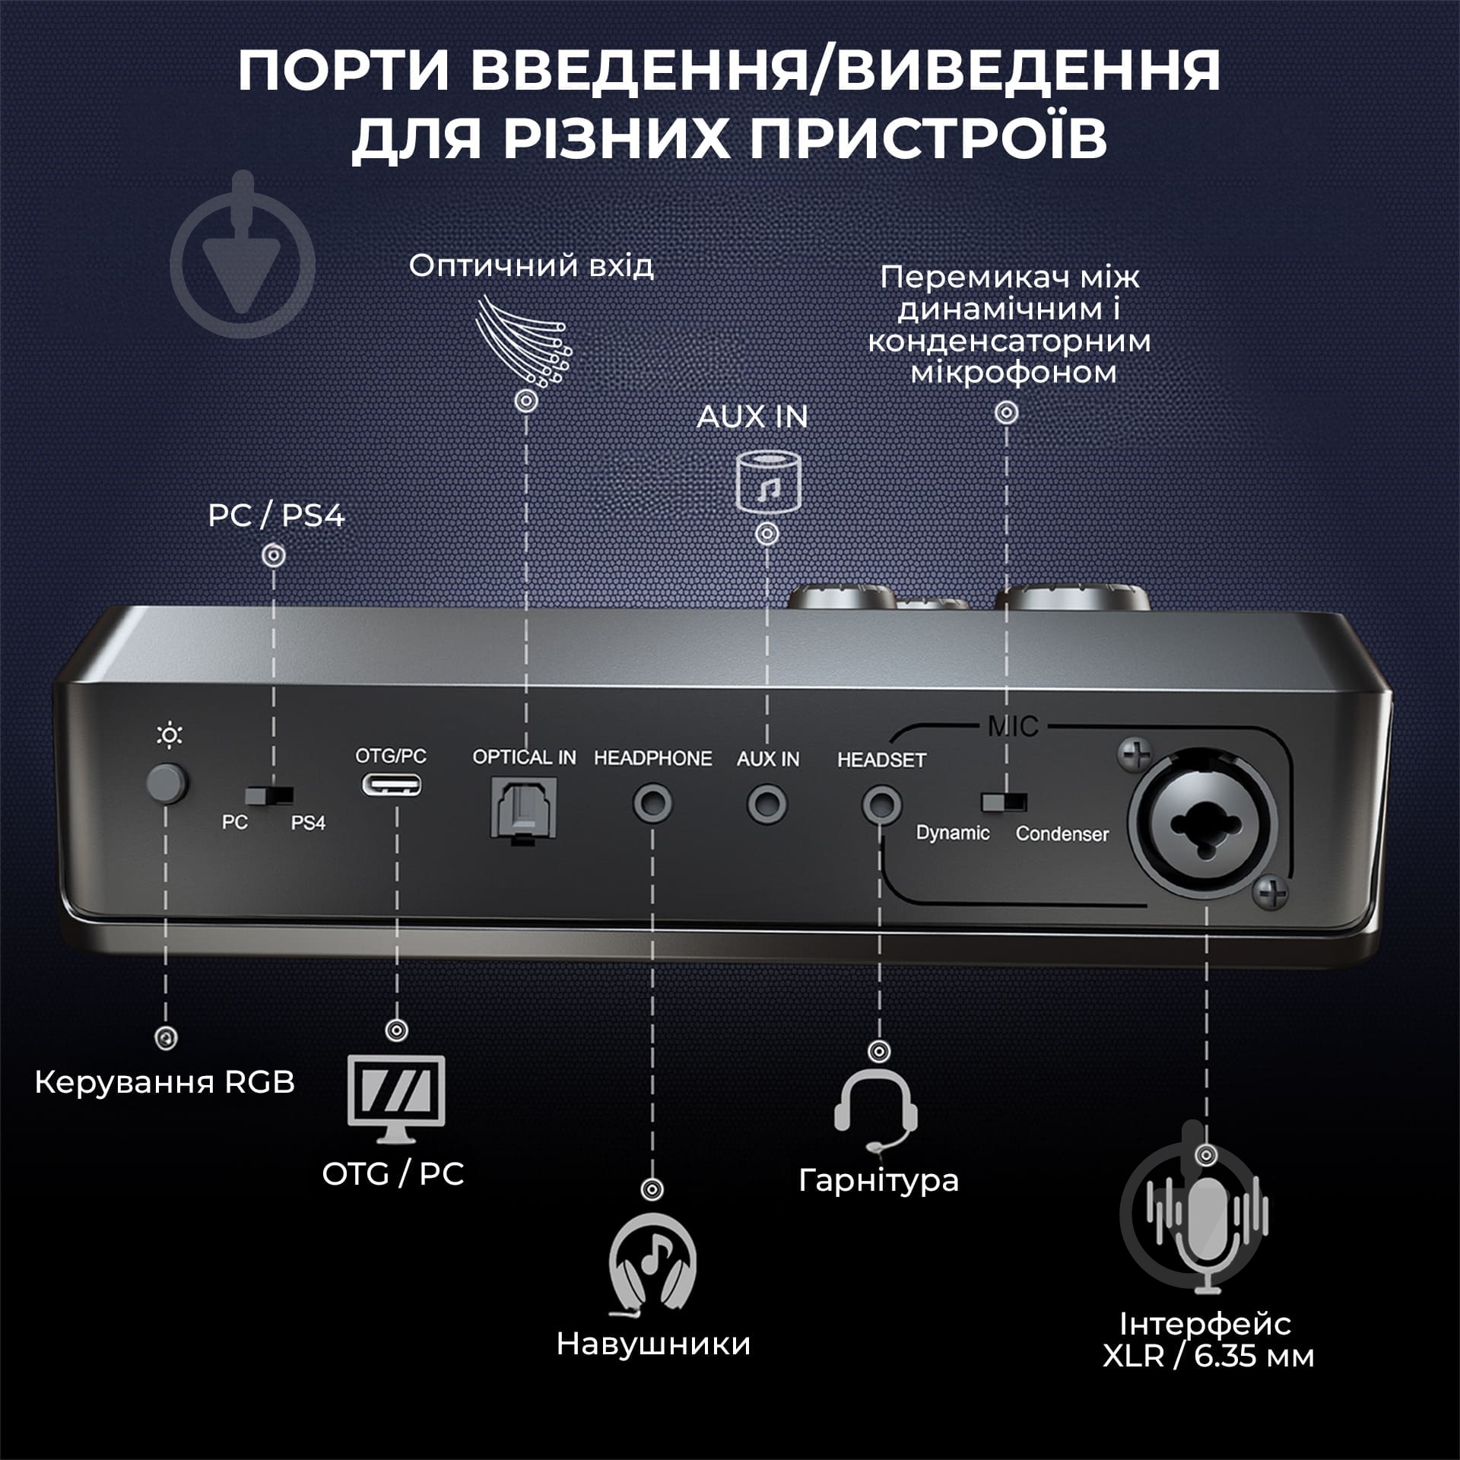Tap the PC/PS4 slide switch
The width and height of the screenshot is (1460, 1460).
coord(269,795)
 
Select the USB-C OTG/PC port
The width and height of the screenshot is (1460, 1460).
coord(391,784)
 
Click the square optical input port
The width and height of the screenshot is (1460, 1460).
coord(525,807)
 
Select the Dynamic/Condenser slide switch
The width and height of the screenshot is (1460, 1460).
coord(1004,802)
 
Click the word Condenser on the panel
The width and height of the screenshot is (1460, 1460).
coord(1062,834)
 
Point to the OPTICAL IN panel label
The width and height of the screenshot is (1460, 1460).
coord(524,757)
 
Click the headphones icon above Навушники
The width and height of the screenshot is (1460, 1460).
coord(652,1266)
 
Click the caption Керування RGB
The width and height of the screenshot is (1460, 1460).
coord(165,1083)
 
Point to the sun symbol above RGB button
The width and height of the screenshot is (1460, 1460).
coord(169,735)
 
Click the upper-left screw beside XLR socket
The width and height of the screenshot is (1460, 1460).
coord(1135,756)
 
